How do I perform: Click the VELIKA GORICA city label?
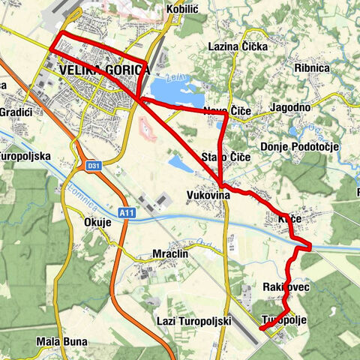tap(103, 70)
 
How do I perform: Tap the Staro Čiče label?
tap(226, 157)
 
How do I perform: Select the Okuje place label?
tap(98, 222)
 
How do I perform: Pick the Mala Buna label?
tap(62, 341)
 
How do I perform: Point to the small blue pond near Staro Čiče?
tap(181, 163)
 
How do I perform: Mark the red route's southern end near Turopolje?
tap(260, 328)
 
